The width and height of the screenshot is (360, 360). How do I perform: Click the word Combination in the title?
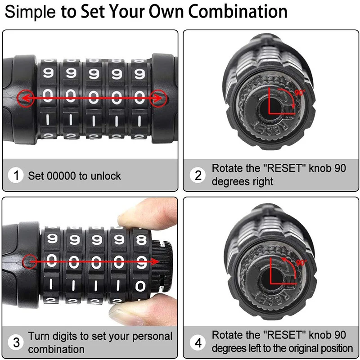point(238,11)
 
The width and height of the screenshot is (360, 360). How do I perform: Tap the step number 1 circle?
point(17,175)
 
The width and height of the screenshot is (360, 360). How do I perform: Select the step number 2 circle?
point(198,175)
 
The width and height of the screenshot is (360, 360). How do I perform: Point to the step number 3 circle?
point(17,342)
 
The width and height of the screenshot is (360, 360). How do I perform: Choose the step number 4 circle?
point(198,342)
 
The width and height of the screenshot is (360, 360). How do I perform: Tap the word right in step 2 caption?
point(261,182)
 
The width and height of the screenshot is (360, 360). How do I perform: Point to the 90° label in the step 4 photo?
point(301,262)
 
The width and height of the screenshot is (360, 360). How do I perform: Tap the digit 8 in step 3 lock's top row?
point(141,238)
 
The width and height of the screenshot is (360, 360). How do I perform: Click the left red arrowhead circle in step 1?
point(23,97)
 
